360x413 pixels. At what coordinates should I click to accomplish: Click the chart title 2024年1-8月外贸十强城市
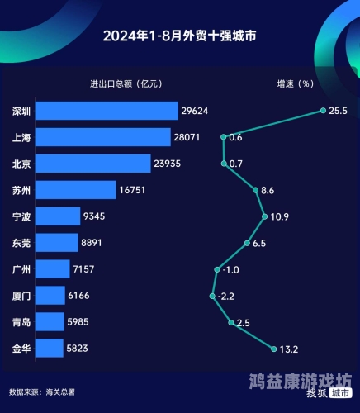pos(179,36)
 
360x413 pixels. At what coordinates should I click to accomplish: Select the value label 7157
pos(88,269)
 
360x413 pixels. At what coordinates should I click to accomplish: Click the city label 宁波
pos(22,216)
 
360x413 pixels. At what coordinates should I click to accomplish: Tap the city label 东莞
pos(22,243)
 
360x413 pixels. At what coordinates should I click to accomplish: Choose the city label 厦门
pos(22,296)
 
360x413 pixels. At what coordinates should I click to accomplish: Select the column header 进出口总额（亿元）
pos(125,83)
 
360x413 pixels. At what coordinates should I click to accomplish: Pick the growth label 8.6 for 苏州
pos(268,190)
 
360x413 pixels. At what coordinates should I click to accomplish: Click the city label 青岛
pos(22,322)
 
